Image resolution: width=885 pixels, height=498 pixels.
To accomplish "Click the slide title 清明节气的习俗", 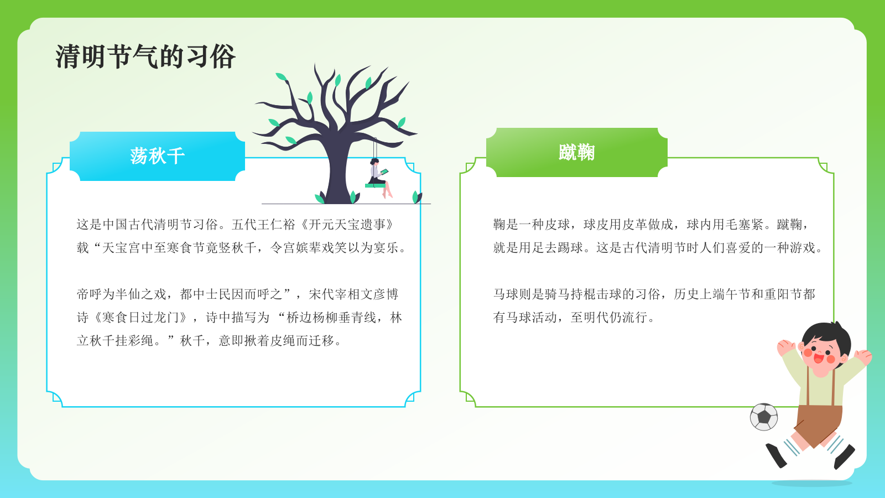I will (145, 57).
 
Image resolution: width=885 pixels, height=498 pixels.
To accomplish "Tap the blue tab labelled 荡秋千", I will (157, 156).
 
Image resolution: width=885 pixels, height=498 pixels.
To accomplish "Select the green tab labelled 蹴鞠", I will (576, 152).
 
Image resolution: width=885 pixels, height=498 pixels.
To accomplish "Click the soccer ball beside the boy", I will (764, 417).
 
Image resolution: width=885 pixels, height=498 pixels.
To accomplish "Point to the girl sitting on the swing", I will (378, 172).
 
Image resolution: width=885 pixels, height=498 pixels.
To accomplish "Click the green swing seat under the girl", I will (375, 185).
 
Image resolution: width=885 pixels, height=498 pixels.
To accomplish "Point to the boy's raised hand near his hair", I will (785, 347).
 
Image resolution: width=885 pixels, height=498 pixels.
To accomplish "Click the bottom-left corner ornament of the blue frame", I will (56, 397).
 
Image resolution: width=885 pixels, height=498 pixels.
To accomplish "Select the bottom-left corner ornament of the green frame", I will (470, 397).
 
